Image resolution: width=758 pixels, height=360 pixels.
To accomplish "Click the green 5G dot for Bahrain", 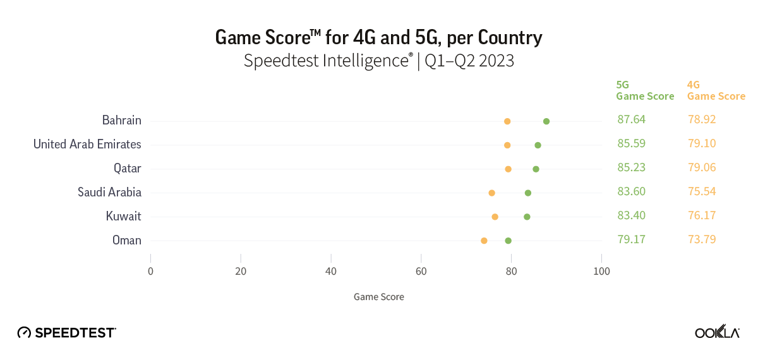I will tap(546, 121).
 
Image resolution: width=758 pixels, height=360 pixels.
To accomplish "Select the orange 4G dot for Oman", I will tap(484, 241).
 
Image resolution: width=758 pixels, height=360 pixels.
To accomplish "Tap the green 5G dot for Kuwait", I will tap(527, 217).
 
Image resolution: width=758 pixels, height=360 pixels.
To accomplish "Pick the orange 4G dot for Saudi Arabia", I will tap(491, 193).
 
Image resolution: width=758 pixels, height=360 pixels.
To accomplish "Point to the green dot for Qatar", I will tap(536, 169).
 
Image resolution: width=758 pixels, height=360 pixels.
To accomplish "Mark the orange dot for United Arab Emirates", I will tap(507, 145).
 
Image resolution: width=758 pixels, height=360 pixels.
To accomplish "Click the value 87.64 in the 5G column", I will tap(632, 119).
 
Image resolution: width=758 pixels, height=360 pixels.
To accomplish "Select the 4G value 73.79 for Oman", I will tap(702, 239).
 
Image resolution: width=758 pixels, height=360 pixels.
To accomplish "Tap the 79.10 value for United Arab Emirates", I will tap(702, 143).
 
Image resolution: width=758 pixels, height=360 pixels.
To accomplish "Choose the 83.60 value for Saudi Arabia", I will tap(632, 191).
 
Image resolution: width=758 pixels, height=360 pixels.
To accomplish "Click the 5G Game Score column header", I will tap(645, 90).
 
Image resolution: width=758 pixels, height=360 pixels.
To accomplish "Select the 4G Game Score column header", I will tap(716, 90).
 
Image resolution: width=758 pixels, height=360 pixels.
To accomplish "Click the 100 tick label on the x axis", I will tap(601, 271).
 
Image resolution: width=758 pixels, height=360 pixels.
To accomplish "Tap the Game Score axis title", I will tap(378, 296).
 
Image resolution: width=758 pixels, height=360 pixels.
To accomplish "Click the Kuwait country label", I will tap(123, 216).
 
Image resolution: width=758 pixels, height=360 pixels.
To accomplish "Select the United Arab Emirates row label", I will tap(87, 144).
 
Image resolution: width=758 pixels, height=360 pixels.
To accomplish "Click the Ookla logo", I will tap(717, 332).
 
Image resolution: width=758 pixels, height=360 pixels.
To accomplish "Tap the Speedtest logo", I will tap(66, 332).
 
